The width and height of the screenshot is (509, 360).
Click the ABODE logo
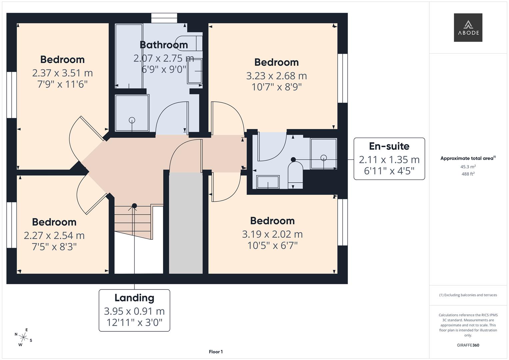click(468, 28)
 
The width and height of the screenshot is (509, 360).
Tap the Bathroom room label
click(164, 45)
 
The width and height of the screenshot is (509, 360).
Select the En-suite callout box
click(389, 159)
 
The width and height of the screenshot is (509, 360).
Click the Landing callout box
click(134, 310)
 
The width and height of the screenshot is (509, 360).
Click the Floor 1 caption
click(216, 352)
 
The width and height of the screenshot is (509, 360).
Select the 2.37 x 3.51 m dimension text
click(62, 73)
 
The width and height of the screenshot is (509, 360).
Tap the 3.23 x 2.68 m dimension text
click(276, 76)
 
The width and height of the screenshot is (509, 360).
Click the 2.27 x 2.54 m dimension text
click(54, 236)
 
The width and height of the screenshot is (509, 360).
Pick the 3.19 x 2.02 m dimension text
click(272, 234)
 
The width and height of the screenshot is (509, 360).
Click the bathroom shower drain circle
click(132, 120)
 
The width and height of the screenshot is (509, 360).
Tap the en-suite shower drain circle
click(323, 158)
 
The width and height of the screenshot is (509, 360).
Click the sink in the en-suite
click(268, 182)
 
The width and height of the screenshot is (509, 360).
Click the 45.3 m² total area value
click(468, 167)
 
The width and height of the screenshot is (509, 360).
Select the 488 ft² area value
click(468, 174)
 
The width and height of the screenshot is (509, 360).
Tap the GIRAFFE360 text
click(468, 345)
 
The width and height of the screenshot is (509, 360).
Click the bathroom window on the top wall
click(164, 18)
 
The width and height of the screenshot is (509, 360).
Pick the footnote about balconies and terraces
click(468, 295)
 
